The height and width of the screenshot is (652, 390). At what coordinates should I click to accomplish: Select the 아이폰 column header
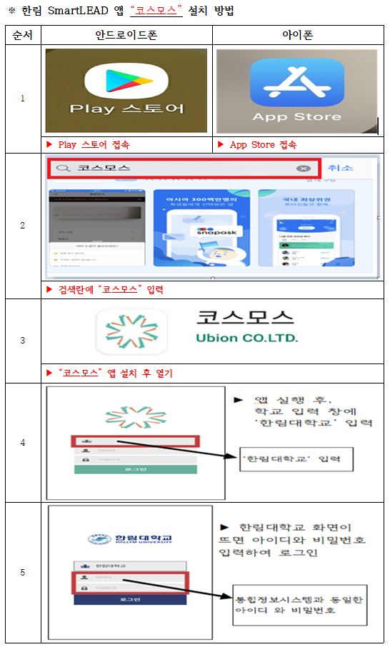pyautogui.click(x=298, y=36)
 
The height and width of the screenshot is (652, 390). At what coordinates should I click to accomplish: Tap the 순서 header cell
pyautogui.click(x=22, y=36)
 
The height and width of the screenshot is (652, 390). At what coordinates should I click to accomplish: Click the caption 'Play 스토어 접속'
pyautogui.click(x=93, y=144)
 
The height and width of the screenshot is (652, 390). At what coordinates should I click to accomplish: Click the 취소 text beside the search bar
pyautogui.click(x=341, y=168)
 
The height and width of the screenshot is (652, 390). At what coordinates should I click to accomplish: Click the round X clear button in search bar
pyautogui.click(x=304, y=169)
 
